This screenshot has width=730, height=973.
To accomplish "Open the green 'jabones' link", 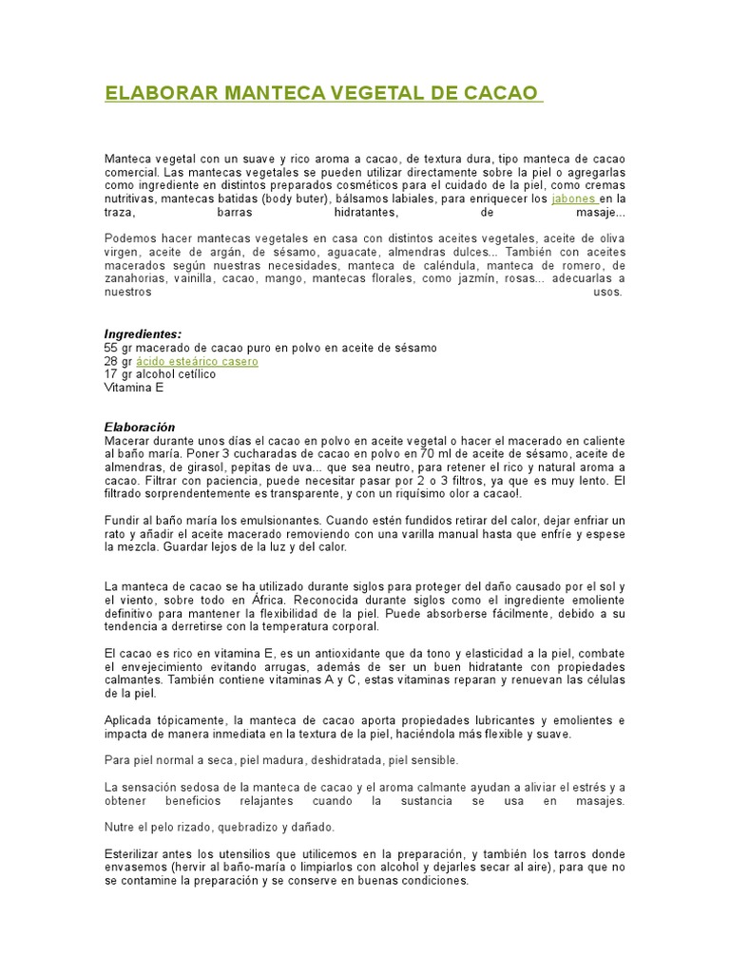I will pos(573,200).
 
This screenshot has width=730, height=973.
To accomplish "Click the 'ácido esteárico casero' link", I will pos(197,362).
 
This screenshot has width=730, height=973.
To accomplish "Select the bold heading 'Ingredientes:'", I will pos(143,334).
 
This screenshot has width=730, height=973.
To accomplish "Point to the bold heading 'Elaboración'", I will pos(140,428).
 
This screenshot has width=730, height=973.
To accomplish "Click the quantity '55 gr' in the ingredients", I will pos(118,349).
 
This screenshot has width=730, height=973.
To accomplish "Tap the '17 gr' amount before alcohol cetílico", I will pos(118,374).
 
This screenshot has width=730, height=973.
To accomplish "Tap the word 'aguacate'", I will pos(351,252).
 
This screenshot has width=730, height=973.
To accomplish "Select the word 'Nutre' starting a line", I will pos(119,828).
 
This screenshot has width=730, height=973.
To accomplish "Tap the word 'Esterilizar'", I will pos(133,854).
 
